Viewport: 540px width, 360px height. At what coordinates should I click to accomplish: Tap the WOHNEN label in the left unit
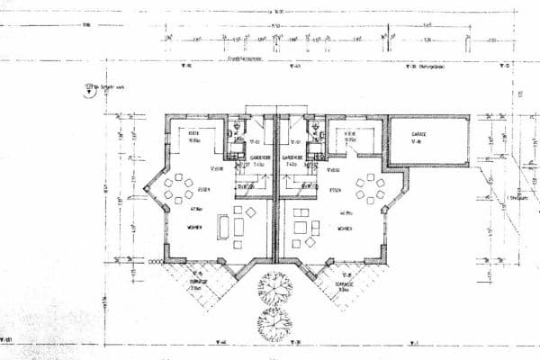point(194,228)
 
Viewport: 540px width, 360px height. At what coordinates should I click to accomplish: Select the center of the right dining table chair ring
point(370,190)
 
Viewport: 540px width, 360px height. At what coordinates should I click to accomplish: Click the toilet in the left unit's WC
point(235,127)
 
